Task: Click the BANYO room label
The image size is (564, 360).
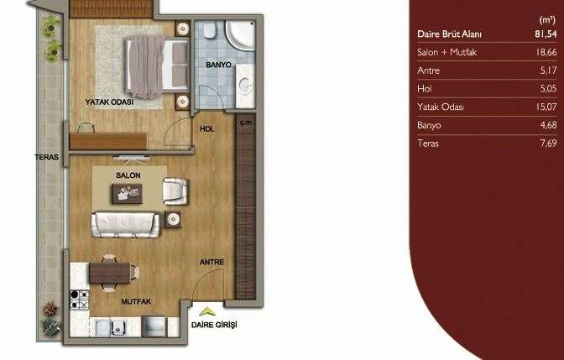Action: point(218,65)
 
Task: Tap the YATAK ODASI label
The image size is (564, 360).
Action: point(109,102)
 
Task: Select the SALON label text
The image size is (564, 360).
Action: point(128,175)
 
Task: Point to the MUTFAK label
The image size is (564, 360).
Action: point(136,302)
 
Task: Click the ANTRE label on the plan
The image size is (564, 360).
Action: point(211,262)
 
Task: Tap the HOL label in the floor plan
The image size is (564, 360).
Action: point(206,129)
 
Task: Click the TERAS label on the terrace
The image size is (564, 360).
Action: point(47,157)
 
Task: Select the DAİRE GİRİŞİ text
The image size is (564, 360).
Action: point(214,325)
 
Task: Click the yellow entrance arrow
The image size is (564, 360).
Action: point(207,311)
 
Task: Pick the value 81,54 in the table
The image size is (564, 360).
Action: point(546,34)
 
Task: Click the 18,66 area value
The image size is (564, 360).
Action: point(546,53)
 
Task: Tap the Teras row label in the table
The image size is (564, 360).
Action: point(428,143)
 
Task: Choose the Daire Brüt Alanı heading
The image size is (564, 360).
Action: point(449,34)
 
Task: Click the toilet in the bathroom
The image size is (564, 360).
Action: point(209,30)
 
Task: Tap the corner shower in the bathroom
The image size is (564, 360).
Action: point(240,35)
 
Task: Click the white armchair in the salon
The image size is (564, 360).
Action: point(175,191)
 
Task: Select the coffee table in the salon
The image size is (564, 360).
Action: point(127,194)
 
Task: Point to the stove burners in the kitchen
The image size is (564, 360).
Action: point(79,300)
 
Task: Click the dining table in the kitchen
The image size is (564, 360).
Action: point(110,274)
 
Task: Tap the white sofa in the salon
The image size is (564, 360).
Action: point(125,224)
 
